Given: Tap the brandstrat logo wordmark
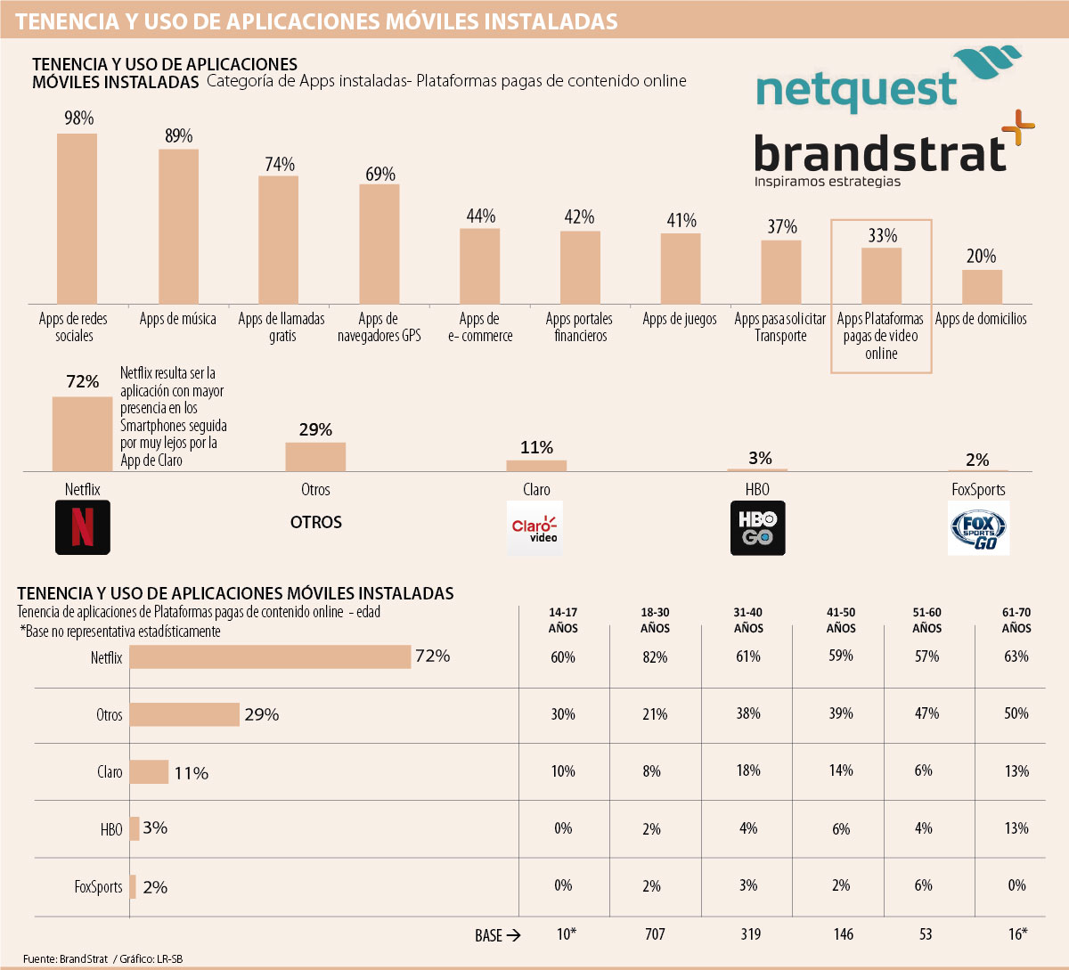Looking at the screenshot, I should (x=880, y=152).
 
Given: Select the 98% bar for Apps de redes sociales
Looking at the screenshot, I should (x=77, y=218).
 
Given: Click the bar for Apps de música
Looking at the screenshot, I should (x=178, y=226).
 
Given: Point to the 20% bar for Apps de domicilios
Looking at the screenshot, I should (x=982, y=287).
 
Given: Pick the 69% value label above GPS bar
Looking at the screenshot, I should (x=380, y=174).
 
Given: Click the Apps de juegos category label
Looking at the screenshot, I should (x=680, y=319).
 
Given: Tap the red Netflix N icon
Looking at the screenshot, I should (x=83, y=527).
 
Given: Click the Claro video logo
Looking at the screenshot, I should (x=534, y=528).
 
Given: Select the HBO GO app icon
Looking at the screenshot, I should (x=758, y=528).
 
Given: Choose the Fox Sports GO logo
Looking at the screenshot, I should (x=978, y=528).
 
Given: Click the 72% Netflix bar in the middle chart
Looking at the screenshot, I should (x=82, y=434).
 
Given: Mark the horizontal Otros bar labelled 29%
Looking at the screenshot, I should (x=185, y=714).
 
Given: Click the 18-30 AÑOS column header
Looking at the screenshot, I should (x=655, y=620).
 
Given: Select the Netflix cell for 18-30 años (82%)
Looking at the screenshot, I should (x=655, y=657).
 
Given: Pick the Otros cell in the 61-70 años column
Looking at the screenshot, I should (x=1016, y=713).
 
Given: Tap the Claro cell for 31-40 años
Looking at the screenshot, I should (x=748, y=770).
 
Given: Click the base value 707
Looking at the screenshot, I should (x=655, y=934).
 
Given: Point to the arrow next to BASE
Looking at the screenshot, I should (x=512, y=935).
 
